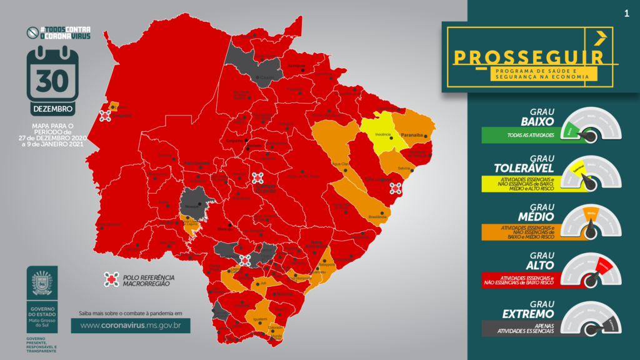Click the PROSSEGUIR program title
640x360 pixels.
point(528,57)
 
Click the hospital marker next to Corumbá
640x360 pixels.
point(105,116)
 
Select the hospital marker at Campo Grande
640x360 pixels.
point(257,178)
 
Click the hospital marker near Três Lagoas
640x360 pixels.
point(395,188)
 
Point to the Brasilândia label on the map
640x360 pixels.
point(377,216)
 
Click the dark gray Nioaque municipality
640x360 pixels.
point(197,201)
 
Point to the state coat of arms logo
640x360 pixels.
point(42,283)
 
